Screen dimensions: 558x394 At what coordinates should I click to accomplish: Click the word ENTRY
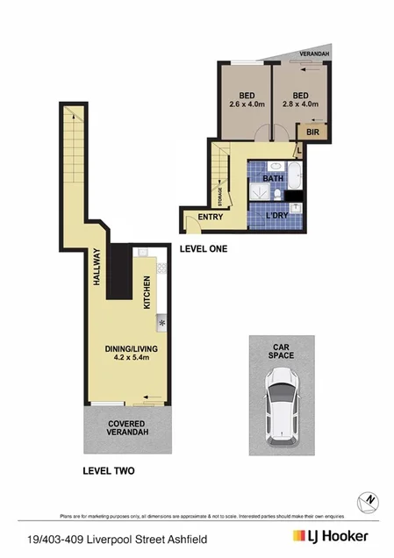point(210,217)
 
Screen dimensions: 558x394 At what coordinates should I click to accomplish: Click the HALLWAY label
point(97,268)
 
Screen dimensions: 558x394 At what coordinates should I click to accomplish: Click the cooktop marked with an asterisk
point(162,323)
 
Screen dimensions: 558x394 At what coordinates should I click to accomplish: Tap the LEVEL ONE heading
point(204,249)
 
